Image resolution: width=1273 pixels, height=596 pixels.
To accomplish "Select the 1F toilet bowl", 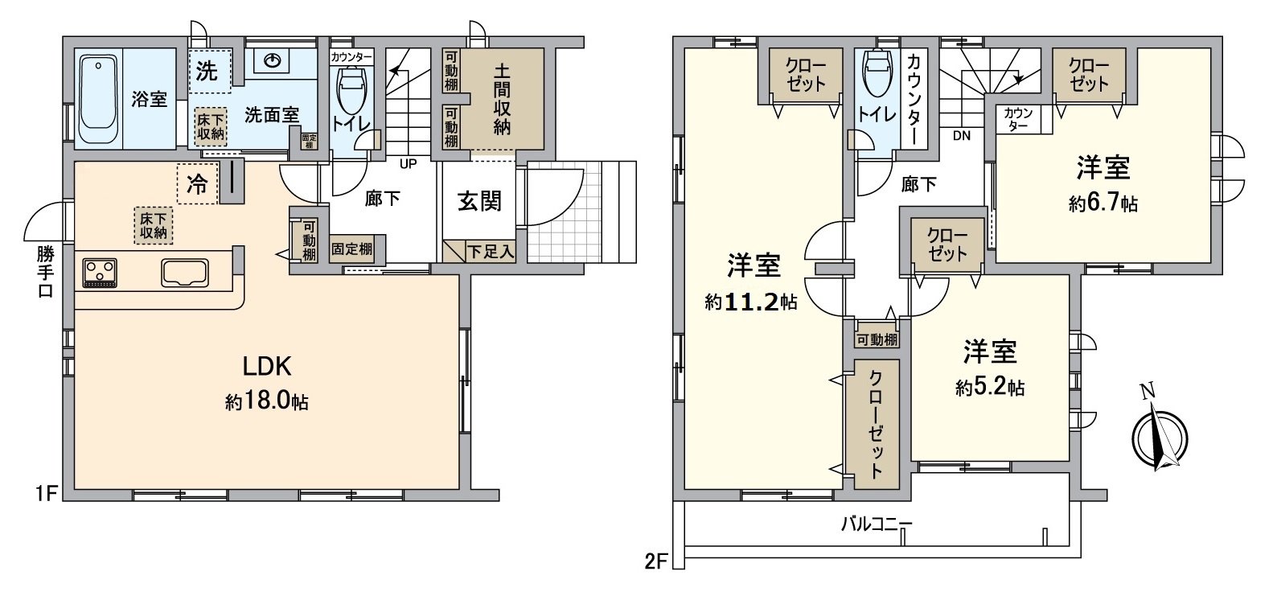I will tap(351, 92).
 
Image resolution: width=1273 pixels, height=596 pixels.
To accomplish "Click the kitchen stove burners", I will tap(99, 271).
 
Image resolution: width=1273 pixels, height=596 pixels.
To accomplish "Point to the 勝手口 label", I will tap(45, 272).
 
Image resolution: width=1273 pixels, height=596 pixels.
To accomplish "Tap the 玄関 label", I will tap(480, 201).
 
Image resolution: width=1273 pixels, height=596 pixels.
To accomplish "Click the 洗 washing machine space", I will tap(207, 71).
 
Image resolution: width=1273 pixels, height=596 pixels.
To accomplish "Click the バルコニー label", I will tap(877, 524).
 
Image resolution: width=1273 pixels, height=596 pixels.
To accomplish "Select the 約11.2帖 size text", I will tap(751, 302).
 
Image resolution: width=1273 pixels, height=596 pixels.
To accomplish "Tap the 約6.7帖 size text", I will tap(1103, 204).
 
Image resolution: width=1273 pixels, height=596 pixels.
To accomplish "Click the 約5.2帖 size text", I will tap(990, 388).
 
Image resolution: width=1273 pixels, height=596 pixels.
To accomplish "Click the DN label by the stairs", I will tap(961, 136).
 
